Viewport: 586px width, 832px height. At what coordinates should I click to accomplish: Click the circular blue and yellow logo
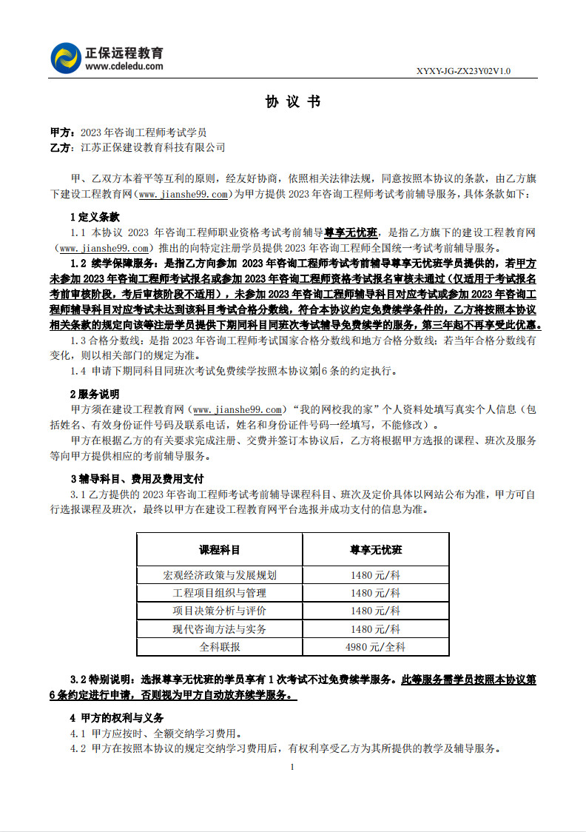(x=66, y=58)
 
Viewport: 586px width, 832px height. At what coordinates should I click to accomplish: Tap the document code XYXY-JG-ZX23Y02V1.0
(x=464, y=71)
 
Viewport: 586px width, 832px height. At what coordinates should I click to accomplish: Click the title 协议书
(x=293, y=102)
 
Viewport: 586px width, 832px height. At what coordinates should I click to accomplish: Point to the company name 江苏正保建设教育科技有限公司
(x=152, y=147)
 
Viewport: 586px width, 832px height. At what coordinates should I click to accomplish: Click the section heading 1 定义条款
(x=95, y=217)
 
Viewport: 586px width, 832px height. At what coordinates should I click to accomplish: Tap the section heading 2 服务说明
(x=95, y=393)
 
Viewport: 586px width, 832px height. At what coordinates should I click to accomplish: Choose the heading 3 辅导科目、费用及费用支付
(x=137, y=478)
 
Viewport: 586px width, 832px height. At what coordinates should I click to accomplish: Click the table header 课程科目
(x=219, y=550)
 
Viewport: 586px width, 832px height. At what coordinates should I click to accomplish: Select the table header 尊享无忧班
(x=376, y=550)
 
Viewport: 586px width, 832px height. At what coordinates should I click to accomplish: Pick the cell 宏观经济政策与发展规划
(x=219, y=574)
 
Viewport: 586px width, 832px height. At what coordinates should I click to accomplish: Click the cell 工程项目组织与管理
(x=219, y=593)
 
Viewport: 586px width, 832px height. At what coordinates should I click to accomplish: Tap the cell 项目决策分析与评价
(x=219, y=611)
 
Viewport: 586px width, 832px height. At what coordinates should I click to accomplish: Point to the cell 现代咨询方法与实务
(x=219, y=629)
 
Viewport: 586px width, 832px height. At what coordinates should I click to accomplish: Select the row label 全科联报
(x=219, y=647)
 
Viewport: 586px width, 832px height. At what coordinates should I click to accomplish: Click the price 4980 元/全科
(x=376, y=647)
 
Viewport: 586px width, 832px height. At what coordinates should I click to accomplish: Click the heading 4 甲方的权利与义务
(x=117, y=717)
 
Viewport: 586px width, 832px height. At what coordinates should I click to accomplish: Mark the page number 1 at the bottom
(x=293, y=767)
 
